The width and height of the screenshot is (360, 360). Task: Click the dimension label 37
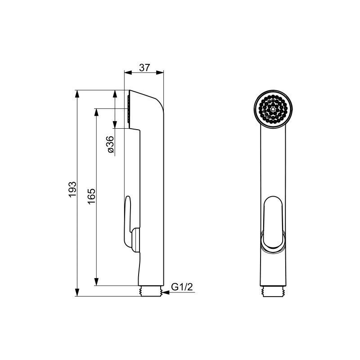(144, 68)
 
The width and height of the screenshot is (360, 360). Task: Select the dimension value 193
(72, 189)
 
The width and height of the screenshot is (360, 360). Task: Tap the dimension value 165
(91, 196)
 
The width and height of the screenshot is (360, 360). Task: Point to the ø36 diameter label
(110, 144)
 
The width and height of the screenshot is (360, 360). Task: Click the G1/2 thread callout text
(182, 287)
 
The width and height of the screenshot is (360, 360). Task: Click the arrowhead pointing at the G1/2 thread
(166, 292)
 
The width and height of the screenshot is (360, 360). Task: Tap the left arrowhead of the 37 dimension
(128, 72)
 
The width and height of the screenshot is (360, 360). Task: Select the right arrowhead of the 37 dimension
(160, 72)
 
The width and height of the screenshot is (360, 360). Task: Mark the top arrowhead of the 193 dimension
(77, 94)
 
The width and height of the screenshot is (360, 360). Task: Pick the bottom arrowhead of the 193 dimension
(77, 292)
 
